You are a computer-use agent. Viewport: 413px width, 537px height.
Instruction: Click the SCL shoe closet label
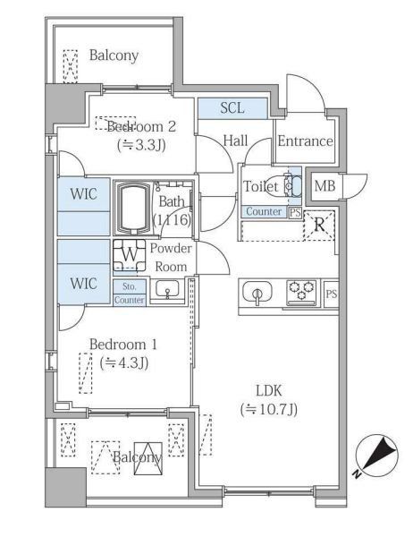[x=232, y=108]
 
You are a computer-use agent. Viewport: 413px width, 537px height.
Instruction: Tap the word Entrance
[x=305, y=141]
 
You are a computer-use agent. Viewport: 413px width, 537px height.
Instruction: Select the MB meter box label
[x=325, y=186]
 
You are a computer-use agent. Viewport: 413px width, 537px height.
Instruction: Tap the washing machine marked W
[x=130, y=254]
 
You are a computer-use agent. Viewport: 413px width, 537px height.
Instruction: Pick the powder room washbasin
[x=167, y=289]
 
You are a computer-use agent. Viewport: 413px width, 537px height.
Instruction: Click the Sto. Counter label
[x=130, y=293]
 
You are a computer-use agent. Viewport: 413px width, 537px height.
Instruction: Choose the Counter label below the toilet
[x=264, y=212]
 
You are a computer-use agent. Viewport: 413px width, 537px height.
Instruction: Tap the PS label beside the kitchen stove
[x=331, y=294]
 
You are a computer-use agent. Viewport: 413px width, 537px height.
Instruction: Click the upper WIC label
[x=84, y=193]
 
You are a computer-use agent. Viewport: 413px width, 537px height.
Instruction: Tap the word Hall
[x=235, y=141]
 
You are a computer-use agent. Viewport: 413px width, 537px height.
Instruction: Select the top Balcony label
[x=114, y=55]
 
